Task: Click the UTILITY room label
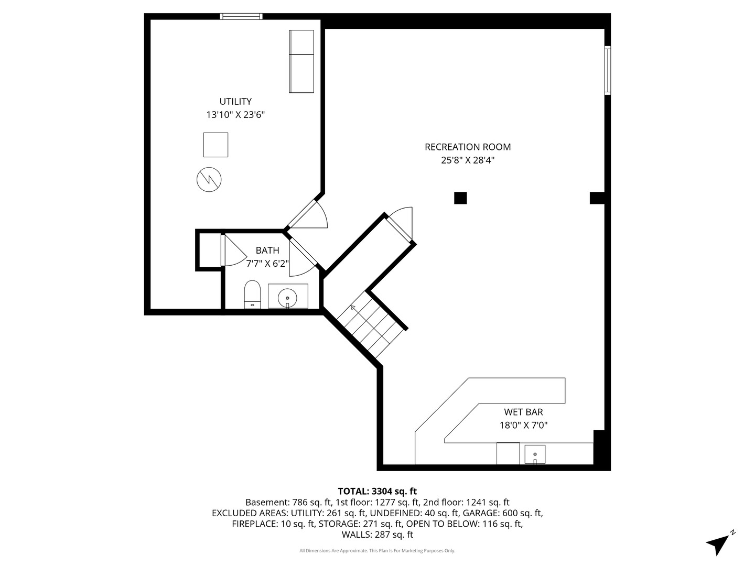tap(235, 102)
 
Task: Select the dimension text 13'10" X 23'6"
tap(235, 115)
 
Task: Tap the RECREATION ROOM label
tap(468, 147)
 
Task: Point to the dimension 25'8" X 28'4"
tap(468, 160)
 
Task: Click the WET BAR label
tap(523, 412)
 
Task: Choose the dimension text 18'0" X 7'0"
tap(523, 426)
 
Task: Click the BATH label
tap(267, 251)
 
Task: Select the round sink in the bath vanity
tap(287, 297)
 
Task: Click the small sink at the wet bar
tap(535, 454)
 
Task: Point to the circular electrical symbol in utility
tap(209, 180)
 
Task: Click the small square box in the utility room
tap(215, 145)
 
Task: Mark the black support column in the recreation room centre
tap(460, 198)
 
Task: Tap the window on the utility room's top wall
tap(241, 16)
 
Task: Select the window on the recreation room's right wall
tap(608, 70)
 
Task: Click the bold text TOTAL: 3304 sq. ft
tap(377, 491)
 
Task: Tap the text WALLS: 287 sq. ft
tap(377, 535)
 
